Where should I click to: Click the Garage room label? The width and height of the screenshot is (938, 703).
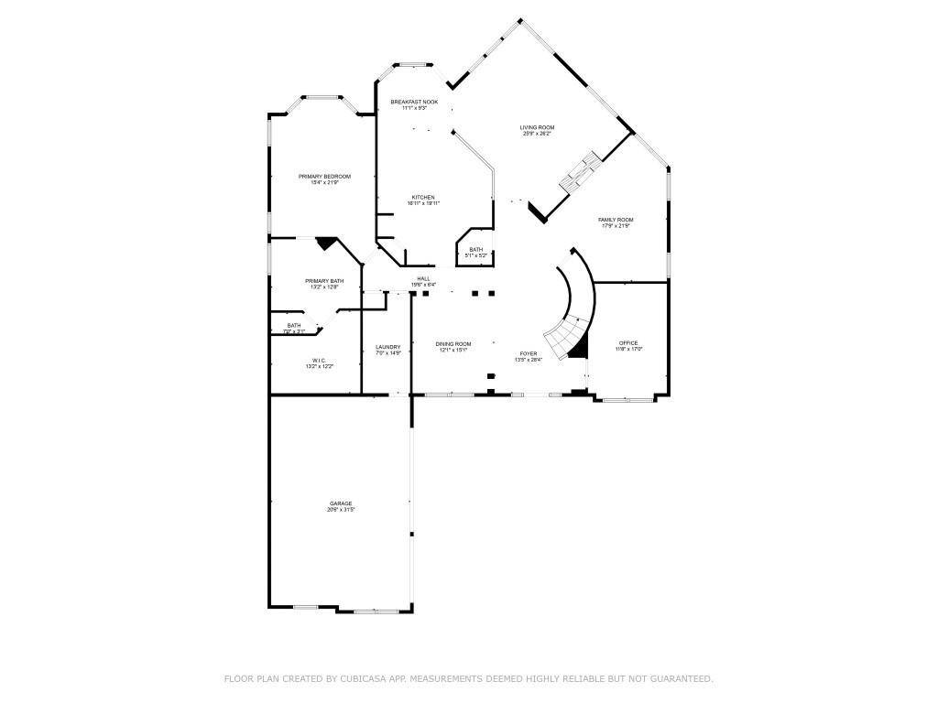tap(341, 503)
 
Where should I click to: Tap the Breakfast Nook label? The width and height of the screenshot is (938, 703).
tap(414, 102)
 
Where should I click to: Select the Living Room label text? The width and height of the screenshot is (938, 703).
tap(537, 127)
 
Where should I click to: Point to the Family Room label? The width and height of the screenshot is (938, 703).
tap(616, 220)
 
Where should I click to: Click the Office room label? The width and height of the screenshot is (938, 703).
tap(628, 343)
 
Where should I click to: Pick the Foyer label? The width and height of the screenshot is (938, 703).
tap(529, 353)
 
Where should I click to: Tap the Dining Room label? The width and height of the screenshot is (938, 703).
tap(453, 343)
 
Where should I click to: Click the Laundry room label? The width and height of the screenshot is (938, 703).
tap(387, 347)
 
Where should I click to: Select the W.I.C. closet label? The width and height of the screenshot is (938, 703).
tap(319, 361)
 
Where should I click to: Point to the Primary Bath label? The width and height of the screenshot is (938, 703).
tap(324, 281)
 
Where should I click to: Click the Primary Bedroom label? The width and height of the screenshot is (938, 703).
tap(324, 176)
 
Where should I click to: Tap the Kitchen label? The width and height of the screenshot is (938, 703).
tap(422, 198)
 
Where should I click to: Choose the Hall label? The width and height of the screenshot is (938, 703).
tap(423, 278)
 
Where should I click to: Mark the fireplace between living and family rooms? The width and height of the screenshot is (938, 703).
tap(579, 172)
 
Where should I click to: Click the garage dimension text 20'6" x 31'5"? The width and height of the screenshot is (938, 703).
tap(341, 510)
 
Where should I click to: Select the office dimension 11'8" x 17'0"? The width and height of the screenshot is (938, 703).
tap(628, 349)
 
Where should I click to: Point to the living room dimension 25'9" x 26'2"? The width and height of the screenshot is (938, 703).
tap(537, 134)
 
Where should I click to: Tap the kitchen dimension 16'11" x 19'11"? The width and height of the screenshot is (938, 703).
tap(424, 203)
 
